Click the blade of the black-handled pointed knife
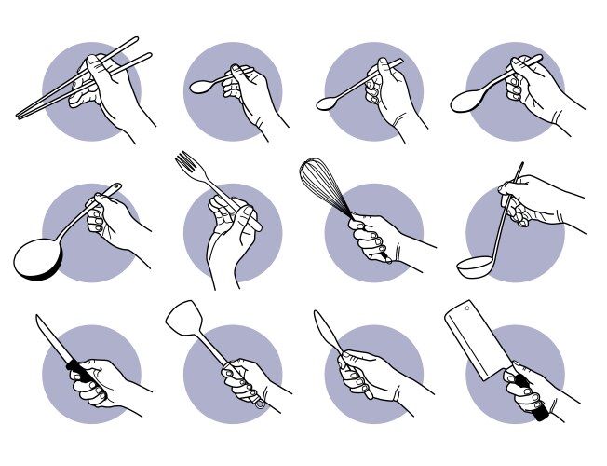click(52, 341)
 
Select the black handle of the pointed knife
click(81, 376)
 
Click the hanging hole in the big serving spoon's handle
click(115, 189)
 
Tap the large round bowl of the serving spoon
click(37, 257)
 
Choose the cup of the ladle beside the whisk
click(477, 267)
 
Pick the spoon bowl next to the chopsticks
click(200, 87)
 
